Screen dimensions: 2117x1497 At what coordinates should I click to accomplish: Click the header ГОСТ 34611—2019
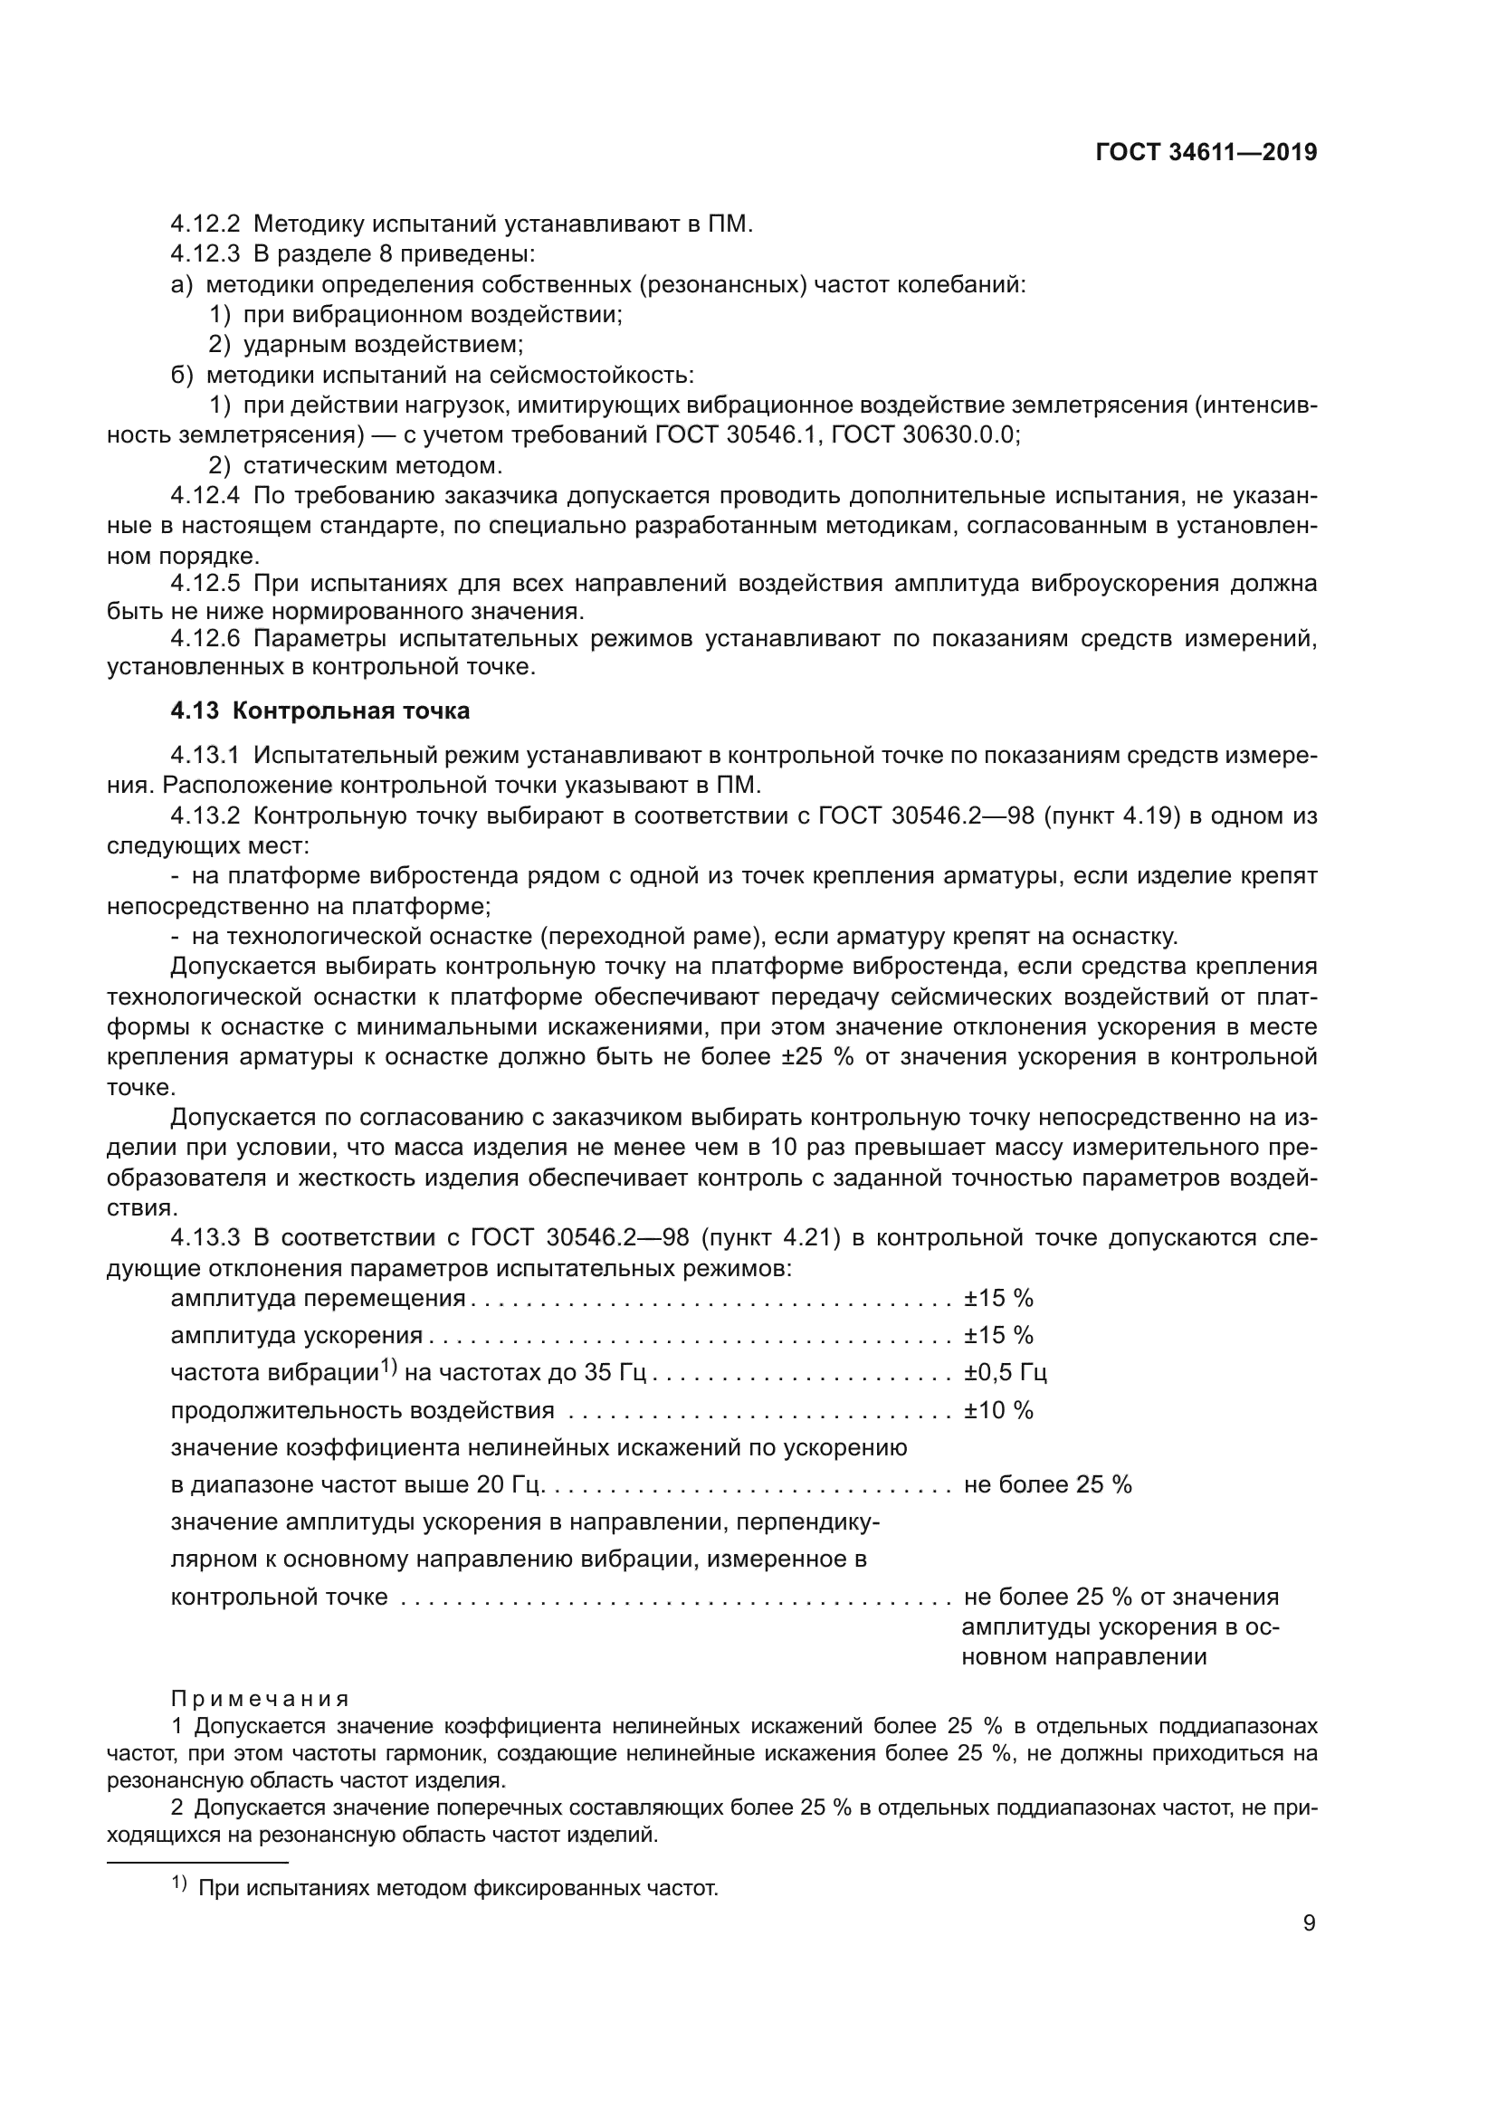[1206, 153]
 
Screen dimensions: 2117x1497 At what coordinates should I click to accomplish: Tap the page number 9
[1309, 1923]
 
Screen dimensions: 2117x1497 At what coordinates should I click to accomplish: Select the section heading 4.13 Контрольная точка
[319, 710]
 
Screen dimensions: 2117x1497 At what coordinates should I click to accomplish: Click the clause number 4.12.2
[205, 224]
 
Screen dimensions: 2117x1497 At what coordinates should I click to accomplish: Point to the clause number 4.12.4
[205, 496]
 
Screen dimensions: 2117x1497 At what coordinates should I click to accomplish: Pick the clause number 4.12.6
[205, 639]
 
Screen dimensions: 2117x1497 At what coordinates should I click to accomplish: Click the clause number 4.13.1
[205, 756]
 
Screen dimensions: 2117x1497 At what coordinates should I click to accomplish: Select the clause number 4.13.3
[205, 1237]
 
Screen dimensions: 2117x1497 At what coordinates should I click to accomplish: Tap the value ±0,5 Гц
[1005, 1373]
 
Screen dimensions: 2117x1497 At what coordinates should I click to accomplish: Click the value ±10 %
[998, 1411]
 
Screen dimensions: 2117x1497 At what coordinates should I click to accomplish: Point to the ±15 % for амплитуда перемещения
[998, 1298]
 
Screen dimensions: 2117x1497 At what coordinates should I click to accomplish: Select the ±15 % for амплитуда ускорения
[998, 1335]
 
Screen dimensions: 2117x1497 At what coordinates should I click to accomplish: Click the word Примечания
[260, 1698]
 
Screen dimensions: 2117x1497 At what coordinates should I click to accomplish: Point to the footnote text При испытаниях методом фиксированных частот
[458, 1888]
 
